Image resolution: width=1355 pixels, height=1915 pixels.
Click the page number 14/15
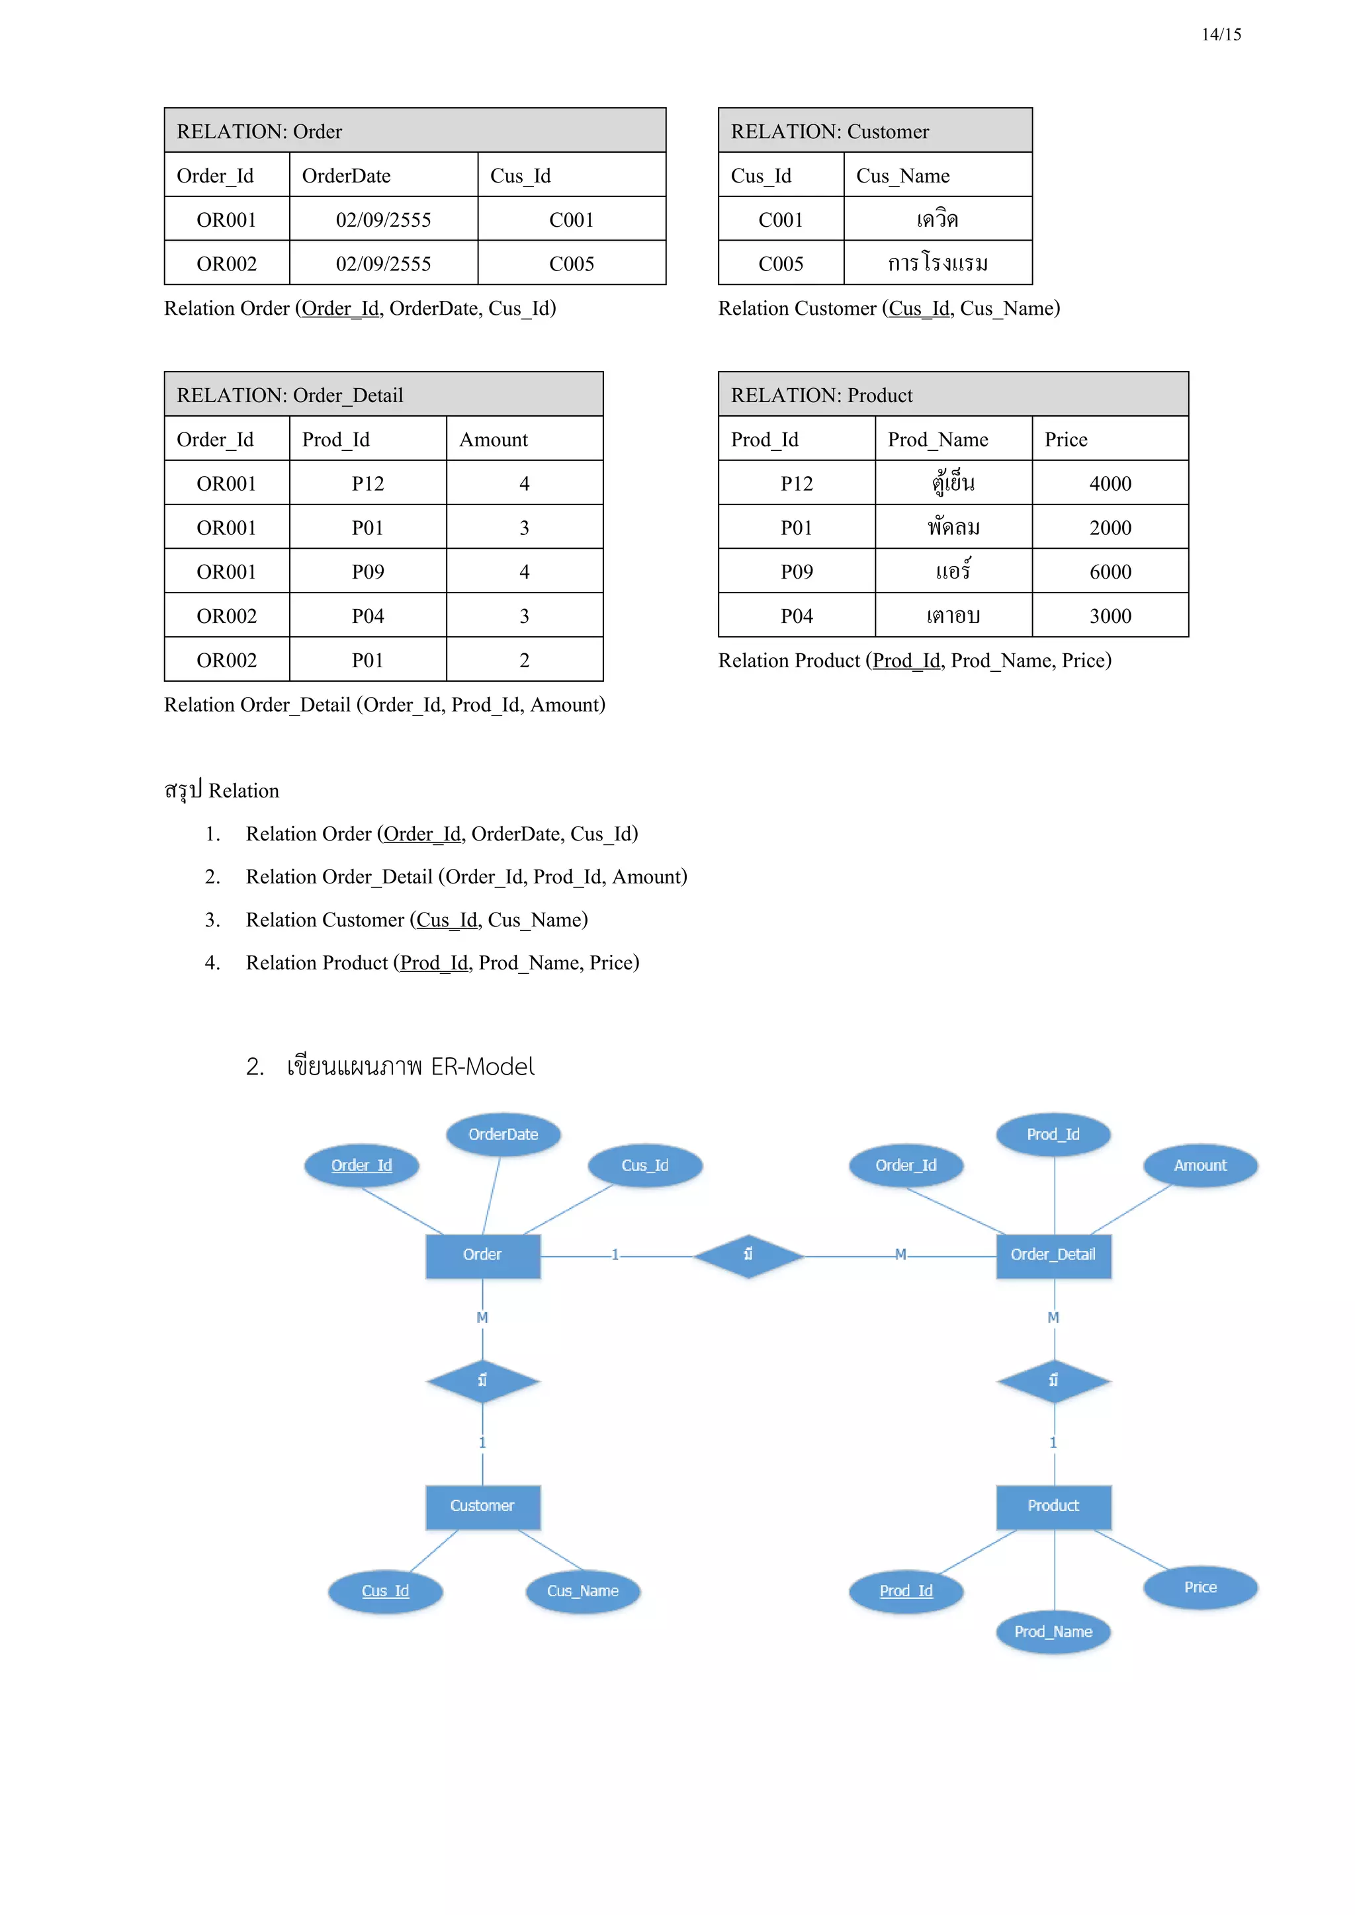click(1221, 34)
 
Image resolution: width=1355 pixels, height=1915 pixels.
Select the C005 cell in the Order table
click(572, 264)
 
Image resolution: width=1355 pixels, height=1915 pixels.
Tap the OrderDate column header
click(346, 176)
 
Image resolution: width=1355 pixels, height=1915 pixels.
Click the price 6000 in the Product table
click(1110, 572)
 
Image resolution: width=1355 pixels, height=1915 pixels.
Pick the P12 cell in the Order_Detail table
click(367, 484)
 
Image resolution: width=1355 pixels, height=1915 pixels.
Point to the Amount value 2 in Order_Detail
click(524, 661)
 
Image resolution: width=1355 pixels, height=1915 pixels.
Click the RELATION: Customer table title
click(830, 132)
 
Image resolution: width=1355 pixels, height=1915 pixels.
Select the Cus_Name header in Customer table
click(902, 176)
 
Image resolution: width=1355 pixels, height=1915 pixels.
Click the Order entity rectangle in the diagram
click(482, 1255)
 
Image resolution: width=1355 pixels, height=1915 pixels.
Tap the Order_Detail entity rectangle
click(1053, 1255)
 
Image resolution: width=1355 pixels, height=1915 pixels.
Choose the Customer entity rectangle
click(482, 1506)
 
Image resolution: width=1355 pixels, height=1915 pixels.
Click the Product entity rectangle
click(1053, 1506)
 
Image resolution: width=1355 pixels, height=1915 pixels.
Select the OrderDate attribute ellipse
click(503, 1134)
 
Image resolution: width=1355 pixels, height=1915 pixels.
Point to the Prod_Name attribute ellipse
click(1053, 1631)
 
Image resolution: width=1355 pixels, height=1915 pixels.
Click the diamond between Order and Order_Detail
click(748, 1255)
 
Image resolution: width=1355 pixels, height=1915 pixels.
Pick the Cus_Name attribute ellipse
click(582, 1590)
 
